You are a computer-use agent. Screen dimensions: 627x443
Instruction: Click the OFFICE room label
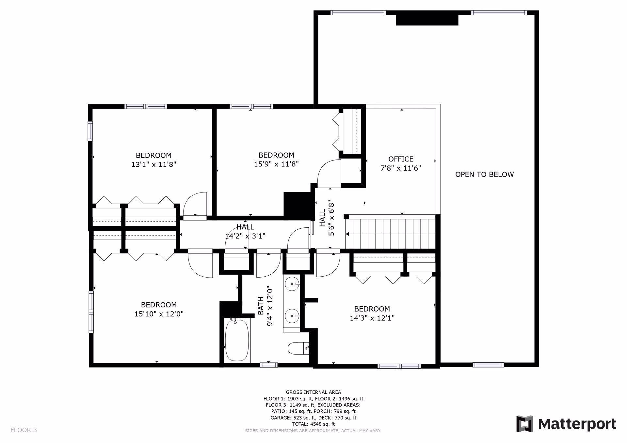[x=401, y=159]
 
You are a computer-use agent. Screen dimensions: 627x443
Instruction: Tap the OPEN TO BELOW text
[x=484, y=175]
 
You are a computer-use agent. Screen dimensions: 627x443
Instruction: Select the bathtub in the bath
[x=237, y=340]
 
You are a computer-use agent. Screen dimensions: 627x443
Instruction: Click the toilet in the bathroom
[x=298, y=348]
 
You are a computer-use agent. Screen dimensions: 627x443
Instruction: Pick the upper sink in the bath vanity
[x=292, y=284]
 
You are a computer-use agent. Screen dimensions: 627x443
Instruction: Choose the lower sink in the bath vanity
[x=292, y=315]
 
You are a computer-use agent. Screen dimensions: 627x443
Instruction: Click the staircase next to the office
[x=390, y=234]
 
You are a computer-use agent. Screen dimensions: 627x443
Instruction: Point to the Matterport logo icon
[x=524, y=424]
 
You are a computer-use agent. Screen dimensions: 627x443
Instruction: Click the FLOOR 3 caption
[x=24, y=430]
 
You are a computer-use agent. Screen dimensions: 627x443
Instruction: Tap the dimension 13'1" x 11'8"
[x=154, y=164]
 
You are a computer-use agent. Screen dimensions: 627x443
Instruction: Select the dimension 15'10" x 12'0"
[x=159, y=314]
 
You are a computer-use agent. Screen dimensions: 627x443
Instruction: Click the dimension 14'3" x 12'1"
[x=372, y=318]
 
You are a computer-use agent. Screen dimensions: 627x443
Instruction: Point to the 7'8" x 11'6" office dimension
[x=401, y=168]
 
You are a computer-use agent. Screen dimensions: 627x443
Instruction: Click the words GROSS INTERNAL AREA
[x=313, y=392]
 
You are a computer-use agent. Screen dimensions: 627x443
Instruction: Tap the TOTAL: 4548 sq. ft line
[x=313, y=424]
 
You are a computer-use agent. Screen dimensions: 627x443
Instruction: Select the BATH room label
[x=261, y=306]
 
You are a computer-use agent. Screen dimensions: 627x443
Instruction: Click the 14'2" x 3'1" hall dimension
[x=245, y=236]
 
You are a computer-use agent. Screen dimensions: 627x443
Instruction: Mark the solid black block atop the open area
[x=427, y=20]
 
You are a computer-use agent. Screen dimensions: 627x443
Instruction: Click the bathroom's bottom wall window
[x=269, y=365]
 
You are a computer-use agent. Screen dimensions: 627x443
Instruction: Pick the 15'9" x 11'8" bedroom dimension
[x=277, y=164]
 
